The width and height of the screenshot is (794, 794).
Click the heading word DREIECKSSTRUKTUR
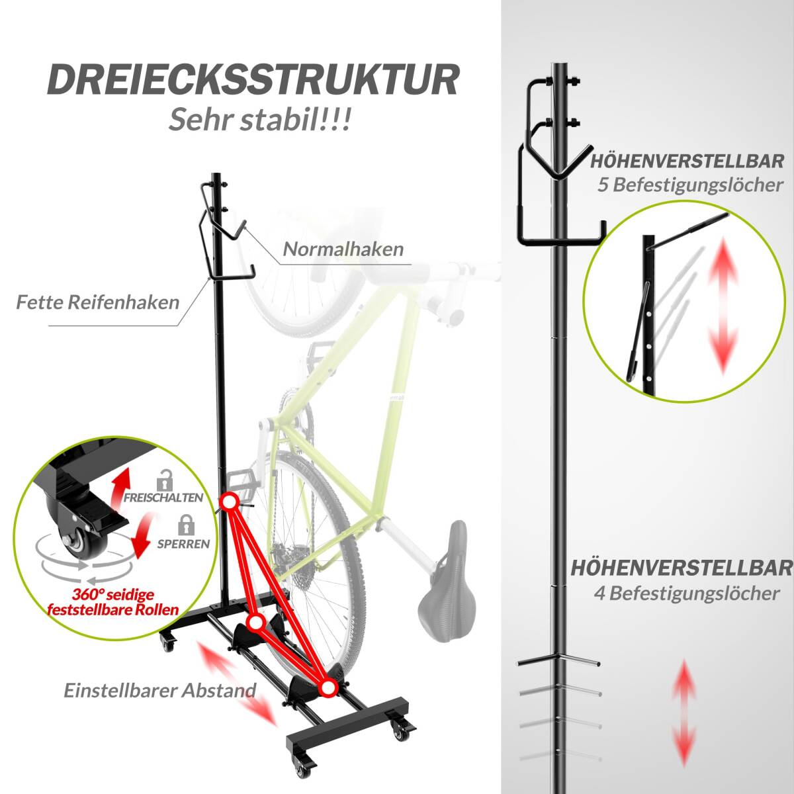tap(253, 80)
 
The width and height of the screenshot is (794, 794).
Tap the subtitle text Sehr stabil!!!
tap(260, 118)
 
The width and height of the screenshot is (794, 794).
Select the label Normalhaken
tap(343, 249)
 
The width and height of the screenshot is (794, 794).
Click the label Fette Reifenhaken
tap(98, 302)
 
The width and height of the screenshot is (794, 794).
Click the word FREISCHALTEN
tap(163, 498)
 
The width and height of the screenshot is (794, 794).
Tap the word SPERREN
tap(184, 544)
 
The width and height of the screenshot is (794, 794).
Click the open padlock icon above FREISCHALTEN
tap(165, 480)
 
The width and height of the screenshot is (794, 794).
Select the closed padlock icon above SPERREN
tap(186, 525)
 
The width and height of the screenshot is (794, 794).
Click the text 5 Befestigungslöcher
tap(689, 185)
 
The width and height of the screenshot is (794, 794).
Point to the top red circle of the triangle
tap(229, 502)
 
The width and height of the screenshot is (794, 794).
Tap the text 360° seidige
tap(113, 595)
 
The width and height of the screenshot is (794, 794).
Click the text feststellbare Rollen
tap(113, 609)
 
